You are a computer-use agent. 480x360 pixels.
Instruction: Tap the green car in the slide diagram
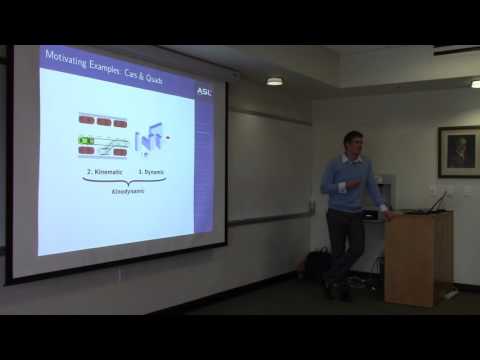pos(86,138)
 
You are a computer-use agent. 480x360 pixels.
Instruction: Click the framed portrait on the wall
pos(459,151)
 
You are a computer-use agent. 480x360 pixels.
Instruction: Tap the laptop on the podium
pos(436,203)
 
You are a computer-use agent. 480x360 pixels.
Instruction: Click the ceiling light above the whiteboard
pos(274,81)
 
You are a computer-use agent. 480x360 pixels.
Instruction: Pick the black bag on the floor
pos(318,265)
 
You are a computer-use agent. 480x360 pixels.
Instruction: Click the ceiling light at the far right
pos(475,84)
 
